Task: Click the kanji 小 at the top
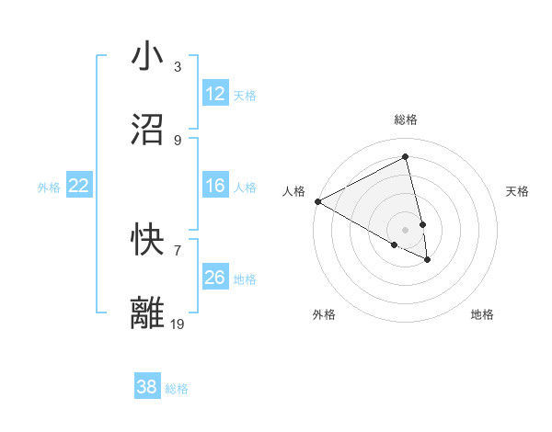148,56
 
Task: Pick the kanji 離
148,312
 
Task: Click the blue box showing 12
215,94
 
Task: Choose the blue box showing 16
215,186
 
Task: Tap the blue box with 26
215,278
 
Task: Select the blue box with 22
79,186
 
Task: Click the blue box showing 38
147,388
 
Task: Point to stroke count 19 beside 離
178,324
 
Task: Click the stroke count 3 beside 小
178,67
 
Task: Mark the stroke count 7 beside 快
178,250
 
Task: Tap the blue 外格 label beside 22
49,188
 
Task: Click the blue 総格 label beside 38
177,390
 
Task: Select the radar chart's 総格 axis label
406,119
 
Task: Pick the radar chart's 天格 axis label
517,191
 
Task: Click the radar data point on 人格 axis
317,201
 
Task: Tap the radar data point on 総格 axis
406,157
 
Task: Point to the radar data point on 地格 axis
428,260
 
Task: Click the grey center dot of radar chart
406,229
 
